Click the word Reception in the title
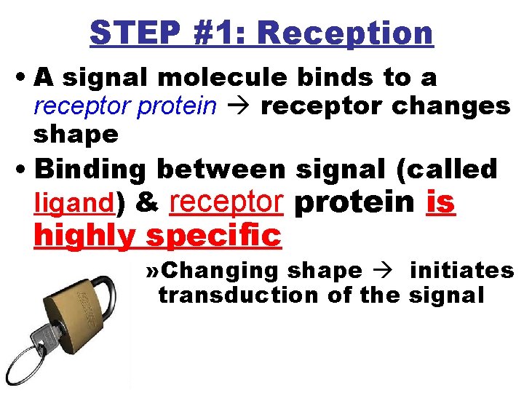coord(346,33)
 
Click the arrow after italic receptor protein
coord(238,106)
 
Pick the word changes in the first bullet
coord(451,106)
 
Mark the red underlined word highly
coord(87,236)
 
